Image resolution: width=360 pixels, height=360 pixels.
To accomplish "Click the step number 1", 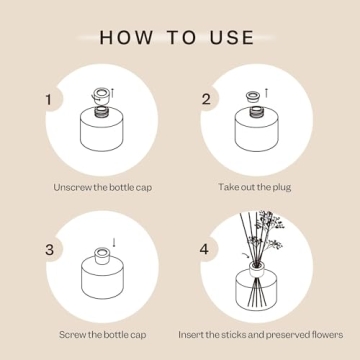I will tap(47, 100).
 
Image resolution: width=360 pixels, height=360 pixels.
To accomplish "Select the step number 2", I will tap(206, 100).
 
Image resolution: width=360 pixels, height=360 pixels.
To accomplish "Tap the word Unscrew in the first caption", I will tap(72, 186).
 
